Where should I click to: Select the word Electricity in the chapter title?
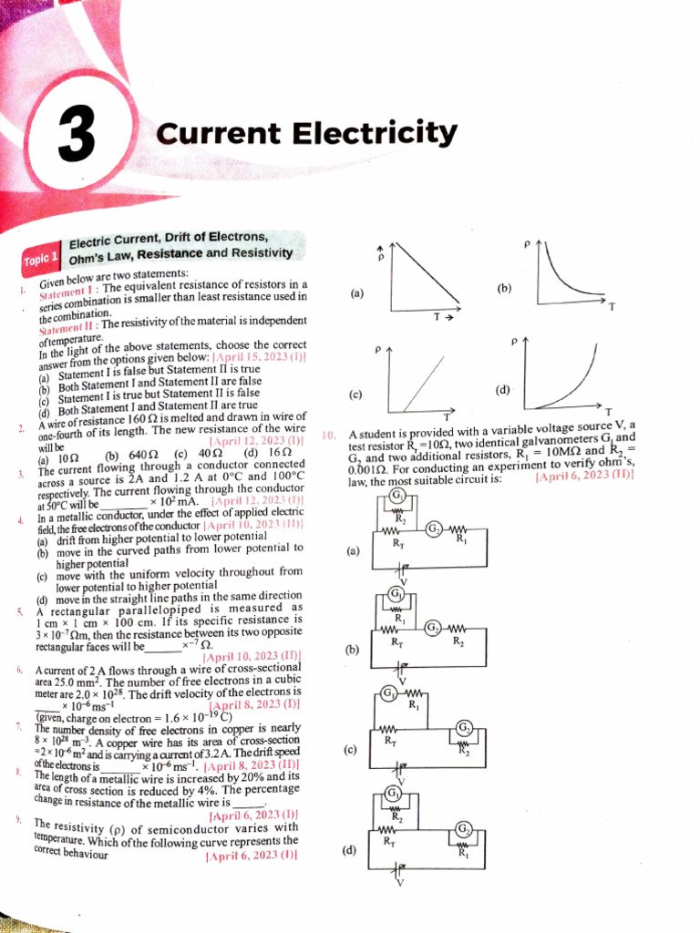point(375,134)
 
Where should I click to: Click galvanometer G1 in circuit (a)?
point(397,495)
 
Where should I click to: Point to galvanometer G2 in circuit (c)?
point(465,726)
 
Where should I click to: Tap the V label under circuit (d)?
point(399,882)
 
